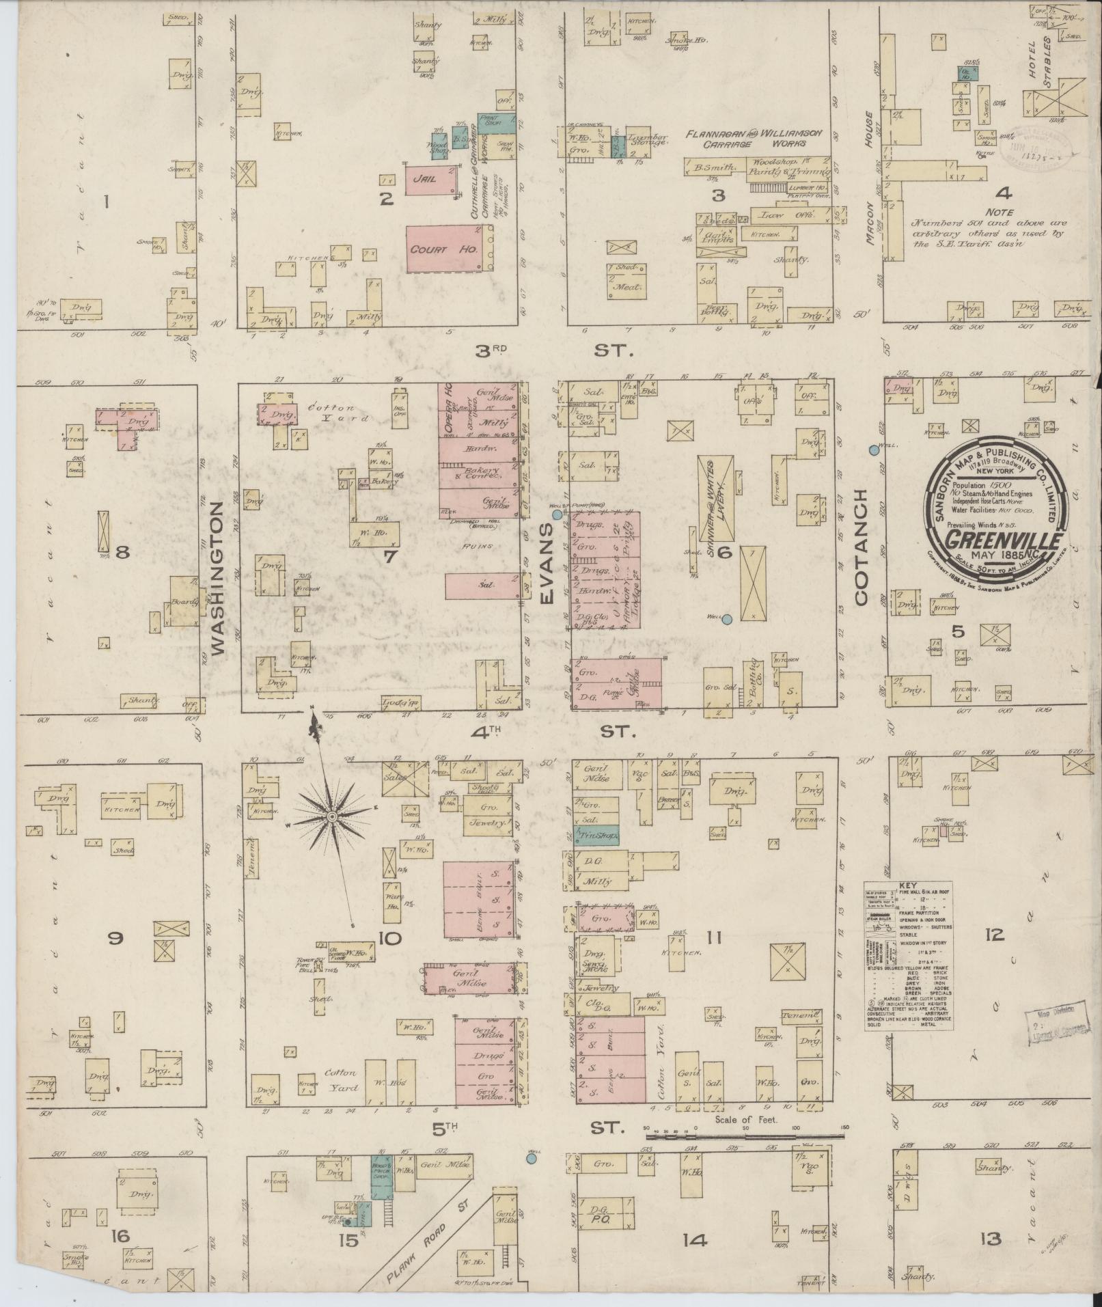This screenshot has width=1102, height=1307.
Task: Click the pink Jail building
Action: point(430,180)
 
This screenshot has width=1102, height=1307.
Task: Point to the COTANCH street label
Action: point(860,547)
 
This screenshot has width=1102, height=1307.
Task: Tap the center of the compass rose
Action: point(332,816)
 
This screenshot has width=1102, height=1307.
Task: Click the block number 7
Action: point(389,557)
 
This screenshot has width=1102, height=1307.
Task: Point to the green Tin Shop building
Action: point(596,836)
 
